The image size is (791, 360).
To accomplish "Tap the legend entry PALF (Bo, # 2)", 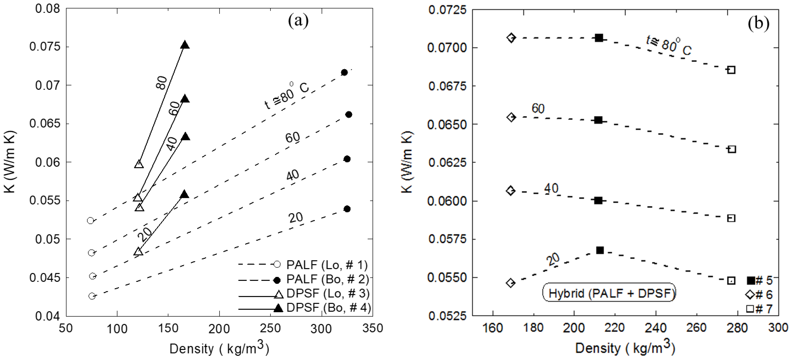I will (327, 279).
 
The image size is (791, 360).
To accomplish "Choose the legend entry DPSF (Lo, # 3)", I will (328, 293).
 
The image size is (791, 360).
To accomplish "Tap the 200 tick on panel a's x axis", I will (219, 329).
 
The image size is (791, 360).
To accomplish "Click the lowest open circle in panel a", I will (92, 296).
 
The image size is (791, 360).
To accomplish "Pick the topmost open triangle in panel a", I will (139, 164).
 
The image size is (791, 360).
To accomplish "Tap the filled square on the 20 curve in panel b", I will (600, 250).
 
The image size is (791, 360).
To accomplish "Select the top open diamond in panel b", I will (511, 38).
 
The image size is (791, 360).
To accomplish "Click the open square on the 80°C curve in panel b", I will (731, 70).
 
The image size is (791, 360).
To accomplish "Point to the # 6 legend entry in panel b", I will (759, 295).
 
